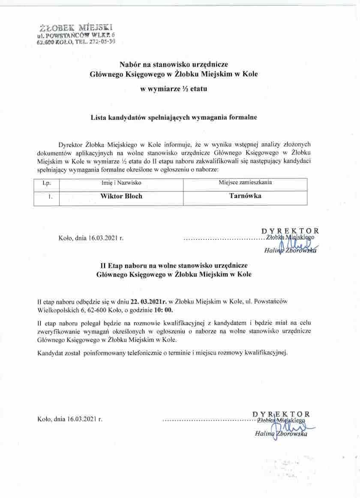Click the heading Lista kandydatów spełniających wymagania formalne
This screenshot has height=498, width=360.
coord(174,117)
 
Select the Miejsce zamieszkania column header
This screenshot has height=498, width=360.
coord(245,182)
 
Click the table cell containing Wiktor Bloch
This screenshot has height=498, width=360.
coord(121,197)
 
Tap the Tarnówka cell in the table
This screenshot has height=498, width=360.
coord(245,196)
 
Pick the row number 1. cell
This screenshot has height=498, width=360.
coord(50,197)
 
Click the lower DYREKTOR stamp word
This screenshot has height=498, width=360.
coord(281,414)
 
